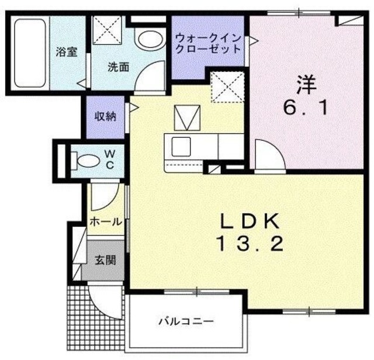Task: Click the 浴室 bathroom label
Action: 67,51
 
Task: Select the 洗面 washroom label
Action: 117,66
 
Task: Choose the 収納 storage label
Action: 106,116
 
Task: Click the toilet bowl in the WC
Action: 86,159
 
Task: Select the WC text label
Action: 110,158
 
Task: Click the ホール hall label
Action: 106,222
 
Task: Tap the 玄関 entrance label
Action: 105,259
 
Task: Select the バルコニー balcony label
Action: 186,321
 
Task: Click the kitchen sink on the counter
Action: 179,144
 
